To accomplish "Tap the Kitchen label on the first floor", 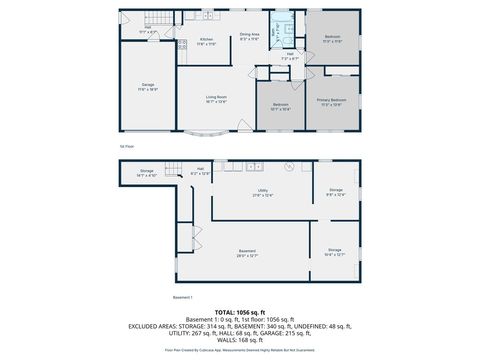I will pos(206,43).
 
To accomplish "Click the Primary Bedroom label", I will pos(333,101).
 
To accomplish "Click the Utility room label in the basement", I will pos(262,193).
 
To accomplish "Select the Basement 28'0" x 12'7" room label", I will pos(247,253).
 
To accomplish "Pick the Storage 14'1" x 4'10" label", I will pos(146,174).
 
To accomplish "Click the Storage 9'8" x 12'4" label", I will pos(335,194).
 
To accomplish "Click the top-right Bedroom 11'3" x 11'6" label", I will pos(333,39).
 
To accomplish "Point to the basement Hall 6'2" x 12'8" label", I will pos(200,172).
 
